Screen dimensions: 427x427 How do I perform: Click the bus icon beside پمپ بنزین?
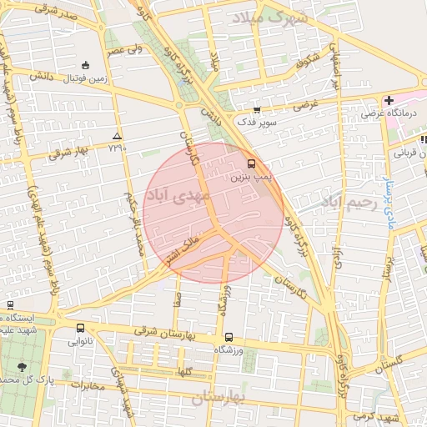click(252, 163)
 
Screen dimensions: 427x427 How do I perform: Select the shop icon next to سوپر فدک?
click(256, 108)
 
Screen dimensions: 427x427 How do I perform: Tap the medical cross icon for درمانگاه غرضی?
click(389, 100)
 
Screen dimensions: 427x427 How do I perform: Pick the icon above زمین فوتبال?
click(85, 65)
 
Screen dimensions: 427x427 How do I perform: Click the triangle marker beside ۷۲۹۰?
click(117, 135)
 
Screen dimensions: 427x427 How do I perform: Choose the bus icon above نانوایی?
click(80, 329)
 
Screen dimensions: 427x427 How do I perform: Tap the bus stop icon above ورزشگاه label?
click(228, 337)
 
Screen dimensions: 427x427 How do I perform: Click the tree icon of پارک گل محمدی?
click(21, 366)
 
